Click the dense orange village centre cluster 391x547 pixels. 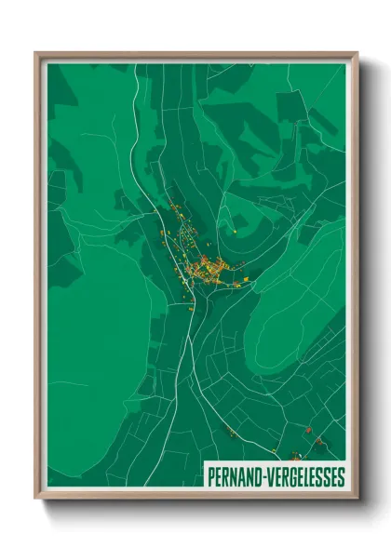point(205,270)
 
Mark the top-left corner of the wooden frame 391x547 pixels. point(36,53)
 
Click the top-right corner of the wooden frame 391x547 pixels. point(357,53)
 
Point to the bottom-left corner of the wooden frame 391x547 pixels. point(36,498)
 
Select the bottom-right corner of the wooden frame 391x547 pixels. point(357,498)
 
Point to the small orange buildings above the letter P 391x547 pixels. point(228,432)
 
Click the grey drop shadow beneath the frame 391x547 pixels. point(200,508)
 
